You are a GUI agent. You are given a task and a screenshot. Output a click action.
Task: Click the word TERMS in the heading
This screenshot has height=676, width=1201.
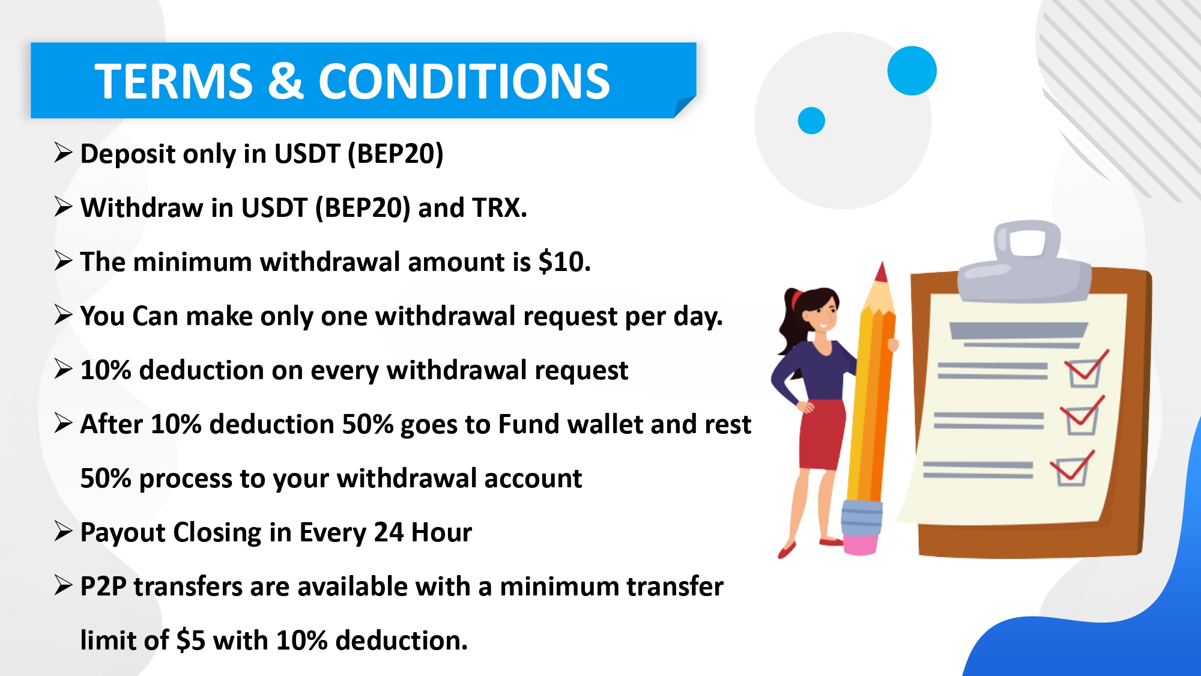pos(174,81)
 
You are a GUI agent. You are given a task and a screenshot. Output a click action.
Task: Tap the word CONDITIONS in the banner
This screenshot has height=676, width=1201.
pos(464,81)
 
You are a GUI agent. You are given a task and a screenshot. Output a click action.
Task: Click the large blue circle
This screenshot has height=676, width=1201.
pos(912,71)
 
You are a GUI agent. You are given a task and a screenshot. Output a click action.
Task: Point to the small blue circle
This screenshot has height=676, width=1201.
pos(811,120)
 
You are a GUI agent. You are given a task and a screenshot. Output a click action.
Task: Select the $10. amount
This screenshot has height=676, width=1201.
pos(564,262)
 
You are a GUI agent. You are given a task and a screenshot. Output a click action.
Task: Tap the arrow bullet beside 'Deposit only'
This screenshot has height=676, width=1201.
pos(63,153)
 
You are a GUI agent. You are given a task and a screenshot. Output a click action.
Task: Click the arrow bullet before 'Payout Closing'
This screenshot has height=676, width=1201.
pos(63,531)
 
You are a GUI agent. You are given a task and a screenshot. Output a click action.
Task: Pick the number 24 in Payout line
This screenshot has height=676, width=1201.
pos(389,532)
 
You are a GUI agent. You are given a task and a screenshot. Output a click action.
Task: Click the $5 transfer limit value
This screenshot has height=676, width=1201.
pos(192,641)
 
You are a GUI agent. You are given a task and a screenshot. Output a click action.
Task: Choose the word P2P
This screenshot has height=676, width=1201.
pos(103,586)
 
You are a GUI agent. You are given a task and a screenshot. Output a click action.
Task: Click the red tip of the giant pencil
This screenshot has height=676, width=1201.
pos(882,272)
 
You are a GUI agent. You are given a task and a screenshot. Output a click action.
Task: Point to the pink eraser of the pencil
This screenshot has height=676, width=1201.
pos(861,544)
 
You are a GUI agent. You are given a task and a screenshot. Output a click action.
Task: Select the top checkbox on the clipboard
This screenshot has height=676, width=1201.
pos(1085,373)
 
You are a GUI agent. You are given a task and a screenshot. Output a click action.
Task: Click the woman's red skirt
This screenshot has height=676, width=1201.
pos(821,434)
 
